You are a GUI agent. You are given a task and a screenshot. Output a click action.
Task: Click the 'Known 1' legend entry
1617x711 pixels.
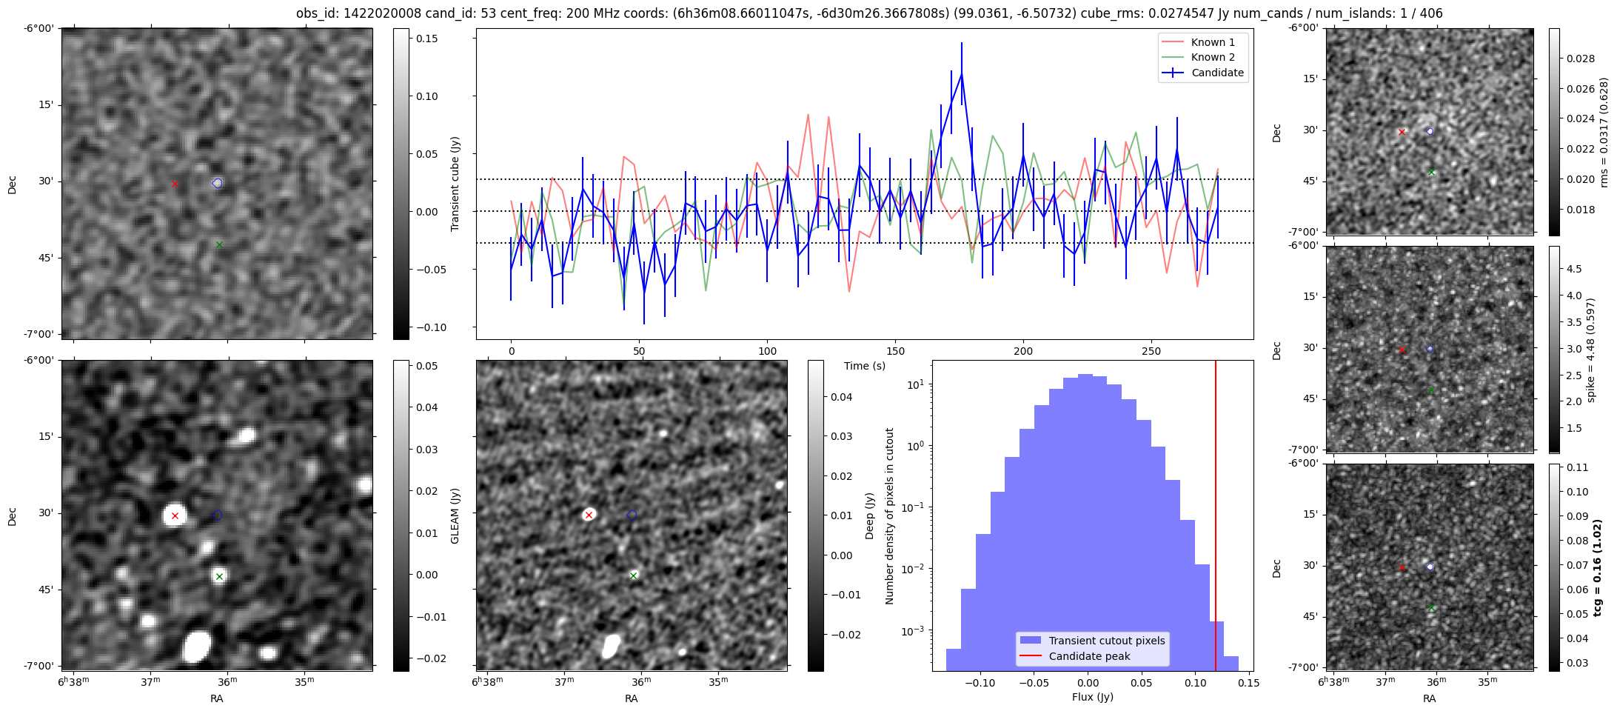pos(1212,42)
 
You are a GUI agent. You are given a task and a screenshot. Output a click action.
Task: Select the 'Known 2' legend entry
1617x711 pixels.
pos(1212,57)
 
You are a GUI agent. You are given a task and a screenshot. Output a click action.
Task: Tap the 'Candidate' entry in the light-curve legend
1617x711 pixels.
pos(1216,73)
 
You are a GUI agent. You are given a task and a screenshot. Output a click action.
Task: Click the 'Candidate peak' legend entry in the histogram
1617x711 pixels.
pos(1089,656)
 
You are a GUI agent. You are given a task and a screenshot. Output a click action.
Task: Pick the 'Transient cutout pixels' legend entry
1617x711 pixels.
pos(1106,641)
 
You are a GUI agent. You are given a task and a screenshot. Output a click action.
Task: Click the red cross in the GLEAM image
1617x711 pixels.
pos(175,515)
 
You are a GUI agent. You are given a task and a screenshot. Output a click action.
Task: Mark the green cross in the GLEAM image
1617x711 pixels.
pos(219,576)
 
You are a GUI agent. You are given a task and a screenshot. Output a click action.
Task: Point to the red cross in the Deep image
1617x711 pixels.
pos(589,515)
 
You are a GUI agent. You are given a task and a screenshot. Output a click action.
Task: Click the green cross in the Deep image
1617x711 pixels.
pos(633,575)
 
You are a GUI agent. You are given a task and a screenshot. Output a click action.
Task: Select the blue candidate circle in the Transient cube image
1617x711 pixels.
pos(217,183)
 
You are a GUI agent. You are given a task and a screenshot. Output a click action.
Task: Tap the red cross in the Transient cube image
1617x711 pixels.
pos(175,184)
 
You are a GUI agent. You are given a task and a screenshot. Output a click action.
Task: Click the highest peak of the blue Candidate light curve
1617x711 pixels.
pos(962,74)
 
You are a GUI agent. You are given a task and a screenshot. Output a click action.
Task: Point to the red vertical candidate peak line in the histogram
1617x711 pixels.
pos(1216,518)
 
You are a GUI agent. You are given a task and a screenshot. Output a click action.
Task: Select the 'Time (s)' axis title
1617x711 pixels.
pos(865,366)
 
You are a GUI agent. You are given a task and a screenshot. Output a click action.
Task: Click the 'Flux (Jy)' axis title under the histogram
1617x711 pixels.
pos(1093,697)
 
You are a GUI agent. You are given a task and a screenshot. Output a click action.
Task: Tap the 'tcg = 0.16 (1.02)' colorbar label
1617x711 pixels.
pos(1598,567)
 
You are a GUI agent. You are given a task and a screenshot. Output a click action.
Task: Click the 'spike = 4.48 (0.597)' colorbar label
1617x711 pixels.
pos(1591,350)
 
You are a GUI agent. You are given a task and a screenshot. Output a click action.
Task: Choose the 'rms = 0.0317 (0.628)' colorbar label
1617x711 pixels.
pos(1604,132)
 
